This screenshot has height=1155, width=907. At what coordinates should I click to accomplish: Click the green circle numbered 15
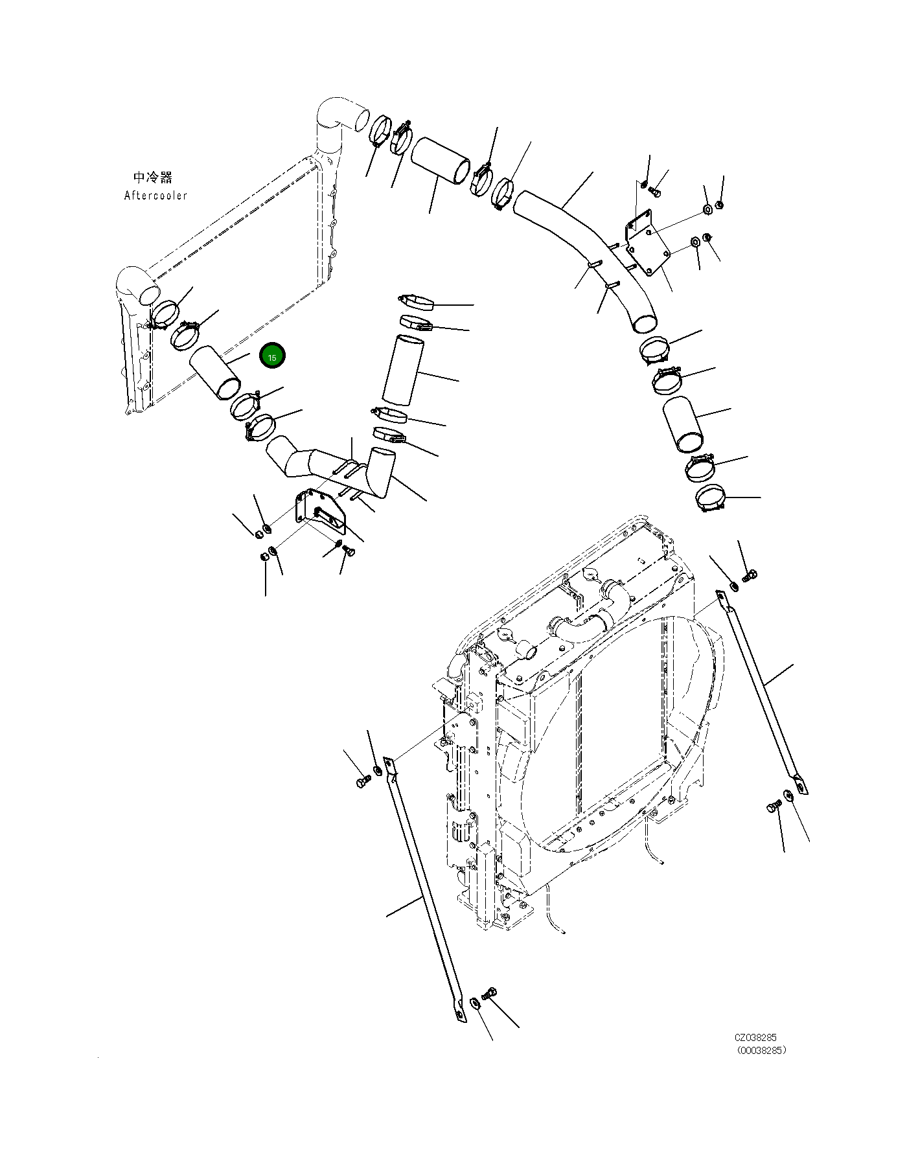click(x=272, y=357)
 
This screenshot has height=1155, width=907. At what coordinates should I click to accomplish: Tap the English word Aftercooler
click(x=155, y=196)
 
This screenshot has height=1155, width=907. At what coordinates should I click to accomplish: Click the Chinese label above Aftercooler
click(x=153, y=177)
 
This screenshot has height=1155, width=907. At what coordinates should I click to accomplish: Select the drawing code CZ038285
click(x=755, y=1037)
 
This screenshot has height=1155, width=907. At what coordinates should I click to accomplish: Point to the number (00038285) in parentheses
click(x=761, y=1051)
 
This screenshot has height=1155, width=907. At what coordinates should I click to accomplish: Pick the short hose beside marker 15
click(x=215, y=372)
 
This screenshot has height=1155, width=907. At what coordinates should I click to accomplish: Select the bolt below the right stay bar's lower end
click(x=773, y=807)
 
